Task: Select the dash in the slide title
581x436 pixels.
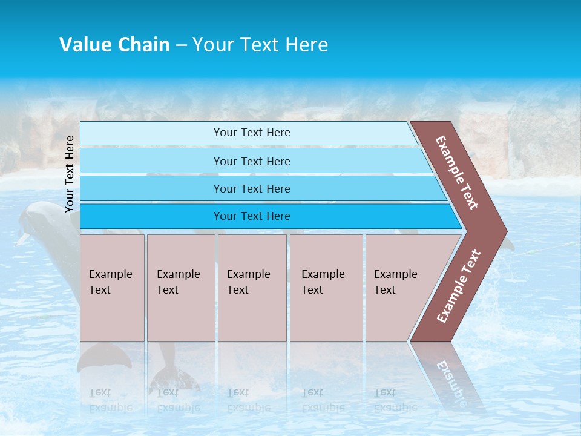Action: click(x=181, y=45)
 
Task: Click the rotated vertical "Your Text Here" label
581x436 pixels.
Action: click(x=70, y=174)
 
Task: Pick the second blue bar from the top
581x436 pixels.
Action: click(x=251, y=161)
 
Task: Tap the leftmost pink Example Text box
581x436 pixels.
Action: click(x=112, y=288)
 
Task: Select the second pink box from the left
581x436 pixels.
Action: click(x=181, y=288)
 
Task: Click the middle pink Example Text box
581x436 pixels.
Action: click(x=252, y=288)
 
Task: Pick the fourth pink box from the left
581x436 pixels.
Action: click(x=326, y=288)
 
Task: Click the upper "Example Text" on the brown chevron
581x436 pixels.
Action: click(x=457, y=173)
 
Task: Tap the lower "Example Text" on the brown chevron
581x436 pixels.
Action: click(x=459, y=286)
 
